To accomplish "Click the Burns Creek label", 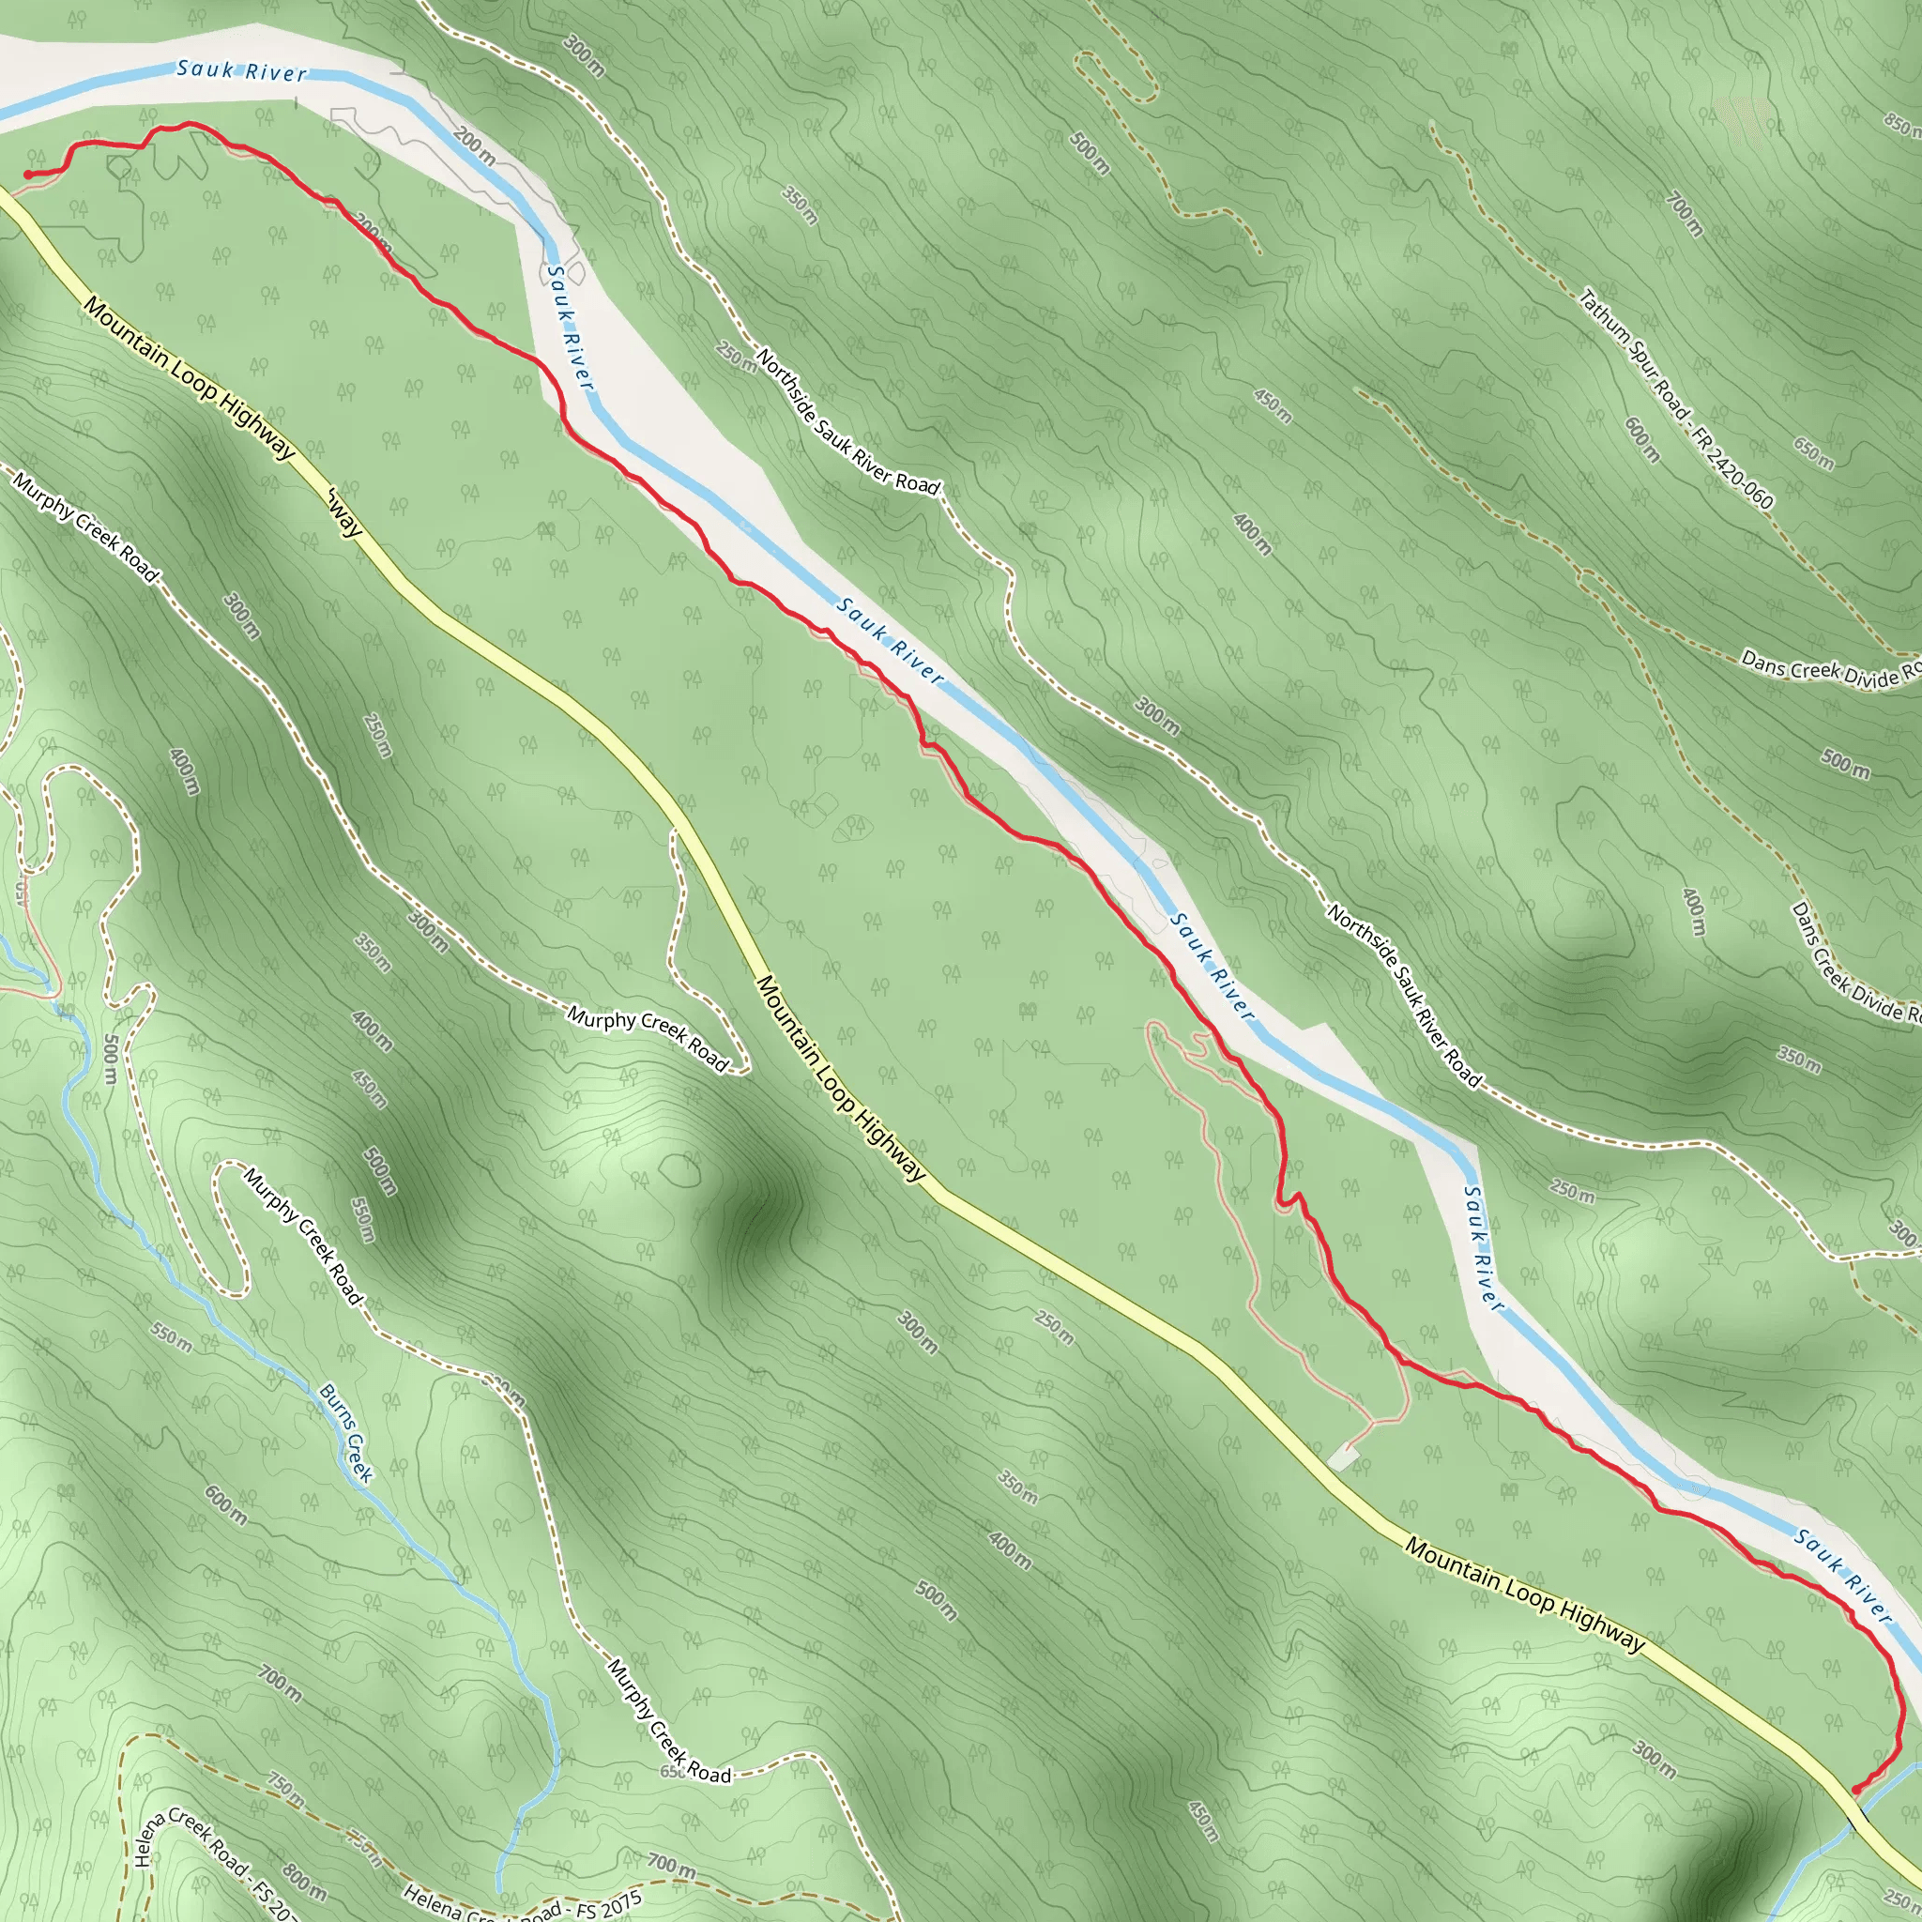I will [x=346, y=1432].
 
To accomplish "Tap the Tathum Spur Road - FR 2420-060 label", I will [x=1676, y=398].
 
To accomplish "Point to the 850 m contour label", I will [x=1902, y=123].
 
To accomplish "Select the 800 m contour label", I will [x=303, y=1877].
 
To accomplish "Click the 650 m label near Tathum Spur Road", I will [x=1813, y=452].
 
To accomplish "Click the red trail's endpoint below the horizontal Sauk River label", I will [x=28, y=175].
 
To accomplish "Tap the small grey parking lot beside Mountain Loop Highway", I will [x=1343, y=1458].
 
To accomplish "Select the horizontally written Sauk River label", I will [x=242, y=70].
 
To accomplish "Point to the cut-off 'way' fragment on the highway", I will [x=344, y=511].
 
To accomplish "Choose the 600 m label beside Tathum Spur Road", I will [x=1641, y=438].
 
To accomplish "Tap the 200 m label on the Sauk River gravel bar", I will [x=475, y=146].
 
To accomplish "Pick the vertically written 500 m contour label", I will [x=112, y=1060].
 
